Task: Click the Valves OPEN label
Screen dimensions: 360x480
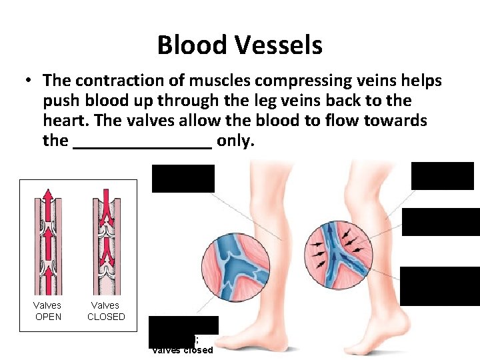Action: [48, 311]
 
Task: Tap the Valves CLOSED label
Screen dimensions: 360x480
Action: [106, 311]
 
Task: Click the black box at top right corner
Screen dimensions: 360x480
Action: [442, 176]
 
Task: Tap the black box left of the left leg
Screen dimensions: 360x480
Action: [183, 178]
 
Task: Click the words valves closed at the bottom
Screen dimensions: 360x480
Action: [183, 350]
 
